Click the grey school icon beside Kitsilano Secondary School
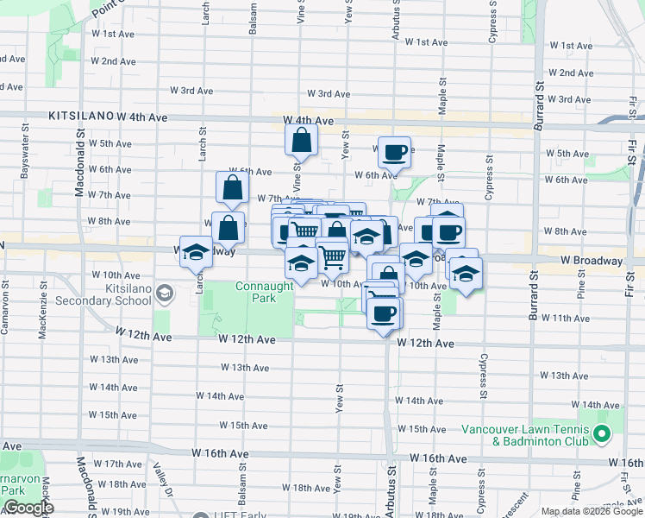(164, 295)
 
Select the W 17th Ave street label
(117, 464)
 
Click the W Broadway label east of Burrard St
(591, 261)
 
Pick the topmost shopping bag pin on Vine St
(302, 139)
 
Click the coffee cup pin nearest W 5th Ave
(394, 152)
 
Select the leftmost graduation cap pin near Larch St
(196, 252)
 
